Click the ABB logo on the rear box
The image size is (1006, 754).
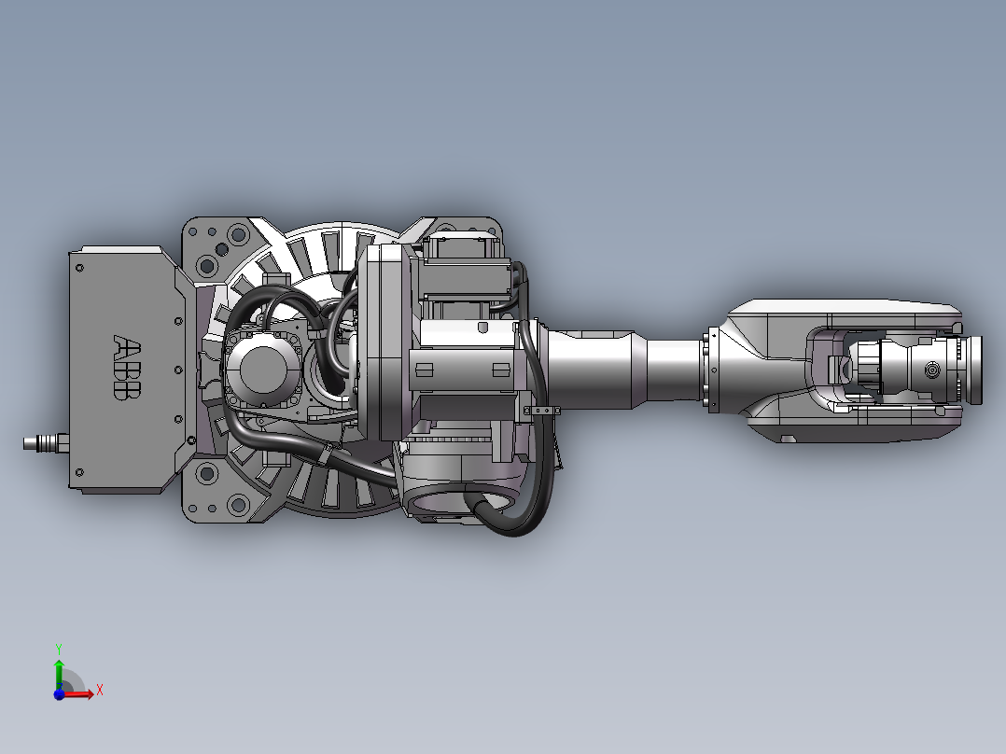pos(126,367)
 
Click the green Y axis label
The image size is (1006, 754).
pos(59,649)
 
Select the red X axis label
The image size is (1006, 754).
pos(100,691)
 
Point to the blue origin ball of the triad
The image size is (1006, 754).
pos(59,694)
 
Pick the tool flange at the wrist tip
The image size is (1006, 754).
pos(973,370)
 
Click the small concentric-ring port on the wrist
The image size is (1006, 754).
pos(931,370)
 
